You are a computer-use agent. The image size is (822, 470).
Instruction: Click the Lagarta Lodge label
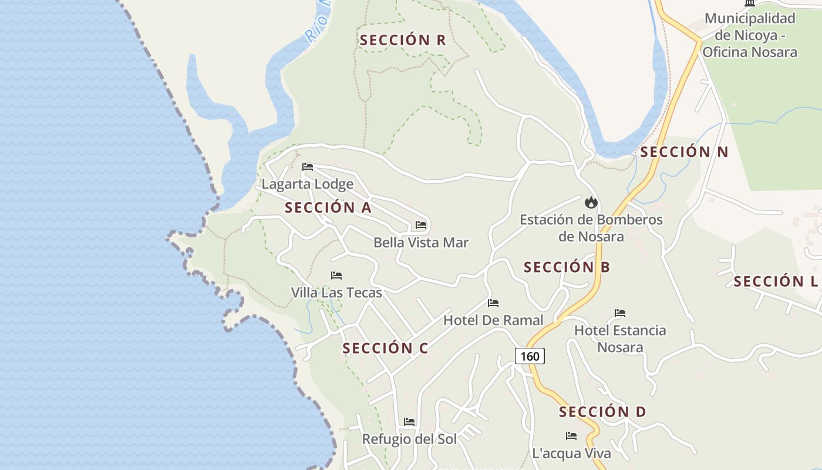tap(307, 184)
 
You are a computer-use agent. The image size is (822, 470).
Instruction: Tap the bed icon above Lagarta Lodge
tap(307, 167)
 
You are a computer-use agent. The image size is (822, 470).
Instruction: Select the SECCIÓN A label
tap(328, 207)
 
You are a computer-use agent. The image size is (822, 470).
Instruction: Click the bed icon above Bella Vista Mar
tap(421, 225)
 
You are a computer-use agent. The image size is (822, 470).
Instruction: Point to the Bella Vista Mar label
tap(421, 243)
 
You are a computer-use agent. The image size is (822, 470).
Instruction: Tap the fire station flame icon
tap(591, 203)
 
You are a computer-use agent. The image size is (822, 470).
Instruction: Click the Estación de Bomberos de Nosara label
tap(591, 228)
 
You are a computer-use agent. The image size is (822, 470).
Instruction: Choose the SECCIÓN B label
tap(567, 267)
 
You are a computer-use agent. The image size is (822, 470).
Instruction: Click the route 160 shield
tap(530, 356)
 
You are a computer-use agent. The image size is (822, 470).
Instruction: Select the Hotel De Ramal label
tap(493, 320)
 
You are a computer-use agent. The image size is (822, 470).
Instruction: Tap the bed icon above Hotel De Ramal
tap(493, 303)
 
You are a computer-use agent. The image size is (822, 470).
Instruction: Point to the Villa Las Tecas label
tap(336, 293)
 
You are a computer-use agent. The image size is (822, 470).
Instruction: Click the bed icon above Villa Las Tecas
tap(336, 275)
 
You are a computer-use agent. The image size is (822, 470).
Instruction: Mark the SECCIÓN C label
tap(385, 348)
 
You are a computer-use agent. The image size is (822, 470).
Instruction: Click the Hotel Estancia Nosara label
tap(620, 338)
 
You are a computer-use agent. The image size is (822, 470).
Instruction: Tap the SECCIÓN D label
tap(602, 412)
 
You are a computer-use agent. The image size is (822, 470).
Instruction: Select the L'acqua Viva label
tap(571, 454)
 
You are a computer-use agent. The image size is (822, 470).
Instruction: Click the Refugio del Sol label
tap(409, 439)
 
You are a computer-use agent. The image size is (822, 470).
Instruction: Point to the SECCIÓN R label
tap(403, 40)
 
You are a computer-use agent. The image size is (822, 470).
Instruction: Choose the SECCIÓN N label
tap(684, 152)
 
